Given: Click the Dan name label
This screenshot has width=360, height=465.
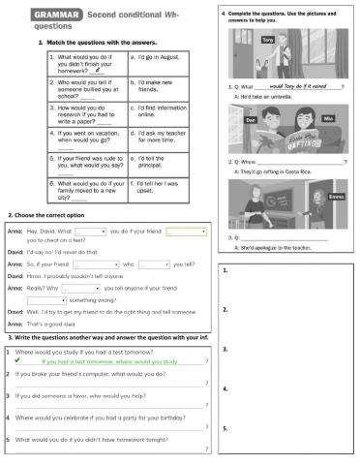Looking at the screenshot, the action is point(251,116).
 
